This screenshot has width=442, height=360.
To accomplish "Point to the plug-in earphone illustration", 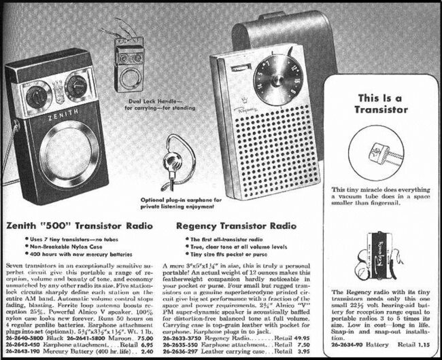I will click(169, 169).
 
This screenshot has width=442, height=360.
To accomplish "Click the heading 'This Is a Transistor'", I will click(382, 103).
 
